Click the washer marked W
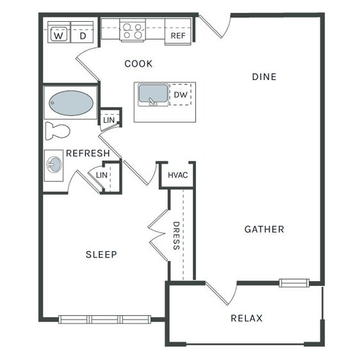(59, 32)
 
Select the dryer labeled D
(82, 32)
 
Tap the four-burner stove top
(133, 31)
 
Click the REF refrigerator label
(178, 36)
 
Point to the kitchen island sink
(153, 95)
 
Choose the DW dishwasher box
(181, 94)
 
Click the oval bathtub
(71, 103)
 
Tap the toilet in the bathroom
(58, 131)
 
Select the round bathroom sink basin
(54, 165)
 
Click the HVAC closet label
(178, 175)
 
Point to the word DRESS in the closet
(176, 236)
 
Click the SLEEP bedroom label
(101, 254)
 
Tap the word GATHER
(265, 229)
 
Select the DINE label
(265, 77)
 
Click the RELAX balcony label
(247, 318)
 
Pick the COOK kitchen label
(138, 64)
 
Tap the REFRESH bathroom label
(88, 153)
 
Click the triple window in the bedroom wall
(104, 320)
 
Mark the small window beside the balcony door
(294, 283)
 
